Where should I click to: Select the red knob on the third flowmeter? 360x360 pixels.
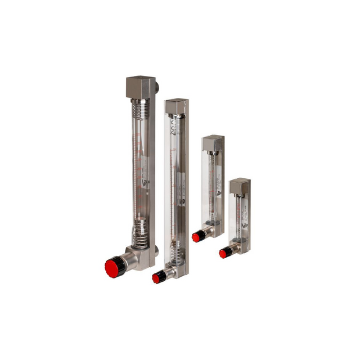tap(196, 237)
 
